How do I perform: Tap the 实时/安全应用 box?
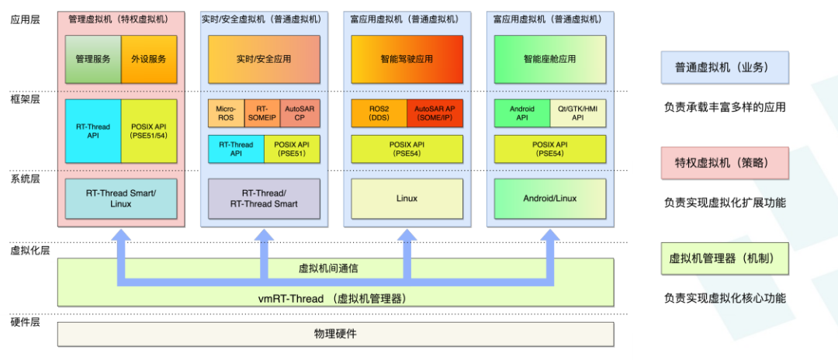(x=264, y=59)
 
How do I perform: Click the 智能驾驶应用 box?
(x=407, y=59)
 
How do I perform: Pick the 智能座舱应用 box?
(x=549, y=59)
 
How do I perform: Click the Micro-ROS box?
(x=226, y=112)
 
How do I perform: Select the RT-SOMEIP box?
(x=263, y=112)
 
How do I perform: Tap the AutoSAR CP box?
(x=300, y=112)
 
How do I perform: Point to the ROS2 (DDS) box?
(x=379, y=112)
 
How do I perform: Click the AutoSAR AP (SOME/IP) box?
(x=435, y=112)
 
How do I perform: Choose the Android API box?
(x=522, y=112)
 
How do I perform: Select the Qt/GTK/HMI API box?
(x=578, y=112)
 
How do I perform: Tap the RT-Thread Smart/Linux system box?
(x=121, y=199)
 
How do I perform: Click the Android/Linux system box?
(x=549, y=199)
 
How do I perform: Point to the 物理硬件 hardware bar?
(x=335, y=334)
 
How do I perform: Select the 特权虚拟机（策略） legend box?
(x=724, y=163)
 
